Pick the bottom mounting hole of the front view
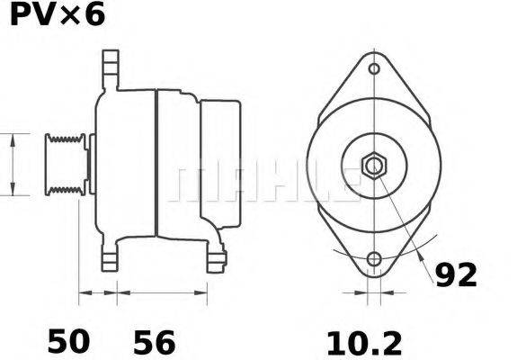click(375, 260)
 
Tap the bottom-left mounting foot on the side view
click(110, 258)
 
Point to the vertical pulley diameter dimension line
click(13, 164)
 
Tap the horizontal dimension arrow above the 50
click(99, 292)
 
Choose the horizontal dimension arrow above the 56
click(165, 292)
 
